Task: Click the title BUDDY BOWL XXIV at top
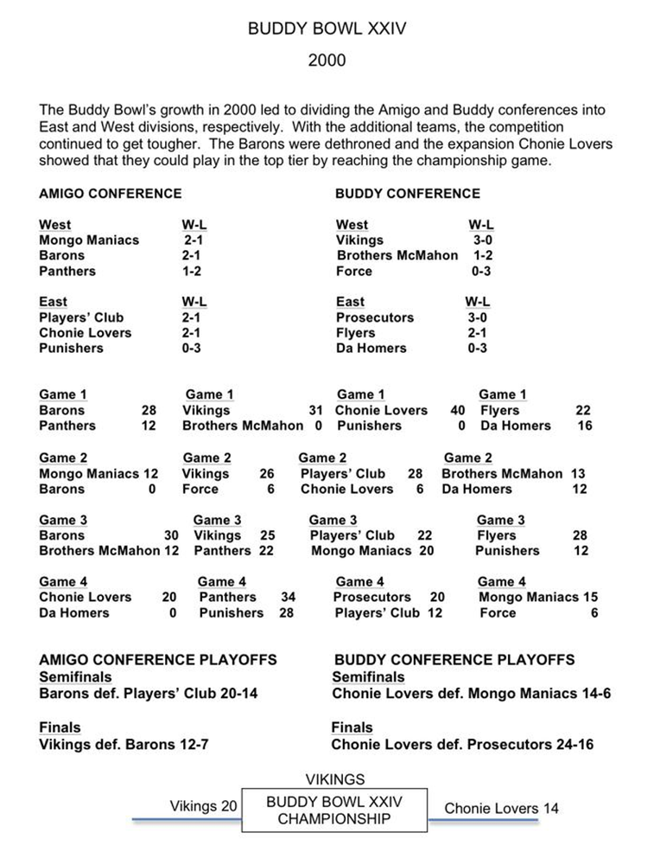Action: click(327, 29)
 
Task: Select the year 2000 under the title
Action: click(327, 61)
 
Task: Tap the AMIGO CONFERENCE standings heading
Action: click(111, 194)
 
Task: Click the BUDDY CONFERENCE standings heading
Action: click(408, 194)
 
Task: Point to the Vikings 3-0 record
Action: click(481, 240)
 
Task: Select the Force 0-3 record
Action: click(479, 272)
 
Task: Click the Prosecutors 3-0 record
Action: click(478, 317)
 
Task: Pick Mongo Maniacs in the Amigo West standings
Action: click(89, 240)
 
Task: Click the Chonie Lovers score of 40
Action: click(458, 410)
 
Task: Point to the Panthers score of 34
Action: click(289, 597)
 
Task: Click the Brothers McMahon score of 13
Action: click(578, 473)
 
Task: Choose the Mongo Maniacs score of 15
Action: click(588, 597)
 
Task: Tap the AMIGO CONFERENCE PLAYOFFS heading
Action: click(158, 660)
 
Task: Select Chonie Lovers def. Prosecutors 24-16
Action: click(462, 744)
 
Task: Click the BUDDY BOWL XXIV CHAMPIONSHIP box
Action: click(334, 811)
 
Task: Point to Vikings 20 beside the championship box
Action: click(203, 806)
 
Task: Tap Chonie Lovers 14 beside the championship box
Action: click(501, 809)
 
